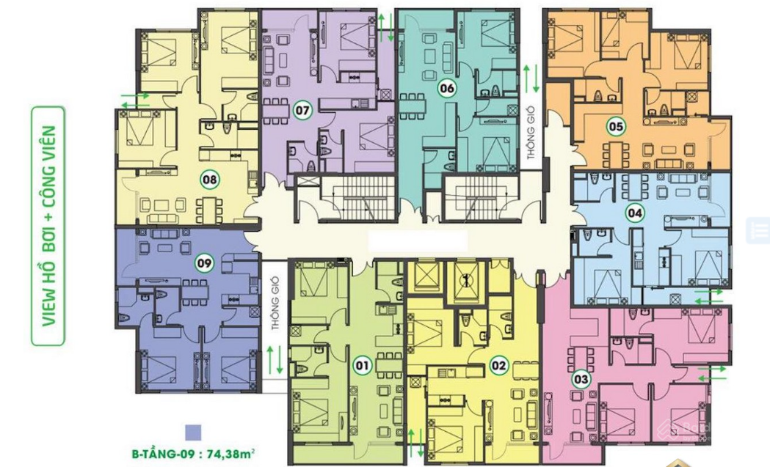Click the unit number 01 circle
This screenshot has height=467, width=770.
click(x=363, y=365)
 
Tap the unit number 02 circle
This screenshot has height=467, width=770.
click(x=498, y=365)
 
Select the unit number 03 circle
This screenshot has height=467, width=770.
click(x=581, y=379)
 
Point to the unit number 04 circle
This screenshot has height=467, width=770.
click(x=634, y=213)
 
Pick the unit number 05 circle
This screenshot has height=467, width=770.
click(x=616, y=127)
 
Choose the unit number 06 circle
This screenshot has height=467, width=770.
click(x=447, y=89)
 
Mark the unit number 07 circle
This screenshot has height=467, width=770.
click(x=302, y=111)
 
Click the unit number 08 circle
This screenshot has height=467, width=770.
click(x=210, y=180)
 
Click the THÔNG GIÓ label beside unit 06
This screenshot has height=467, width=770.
click(x=531, y=133)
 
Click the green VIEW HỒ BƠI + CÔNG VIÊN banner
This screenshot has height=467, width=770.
click(x=48, y=226)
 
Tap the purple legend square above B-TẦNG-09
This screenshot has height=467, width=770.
click(x=193, y=433)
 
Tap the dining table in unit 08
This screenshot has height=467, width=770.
click(x=210, y=210)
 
